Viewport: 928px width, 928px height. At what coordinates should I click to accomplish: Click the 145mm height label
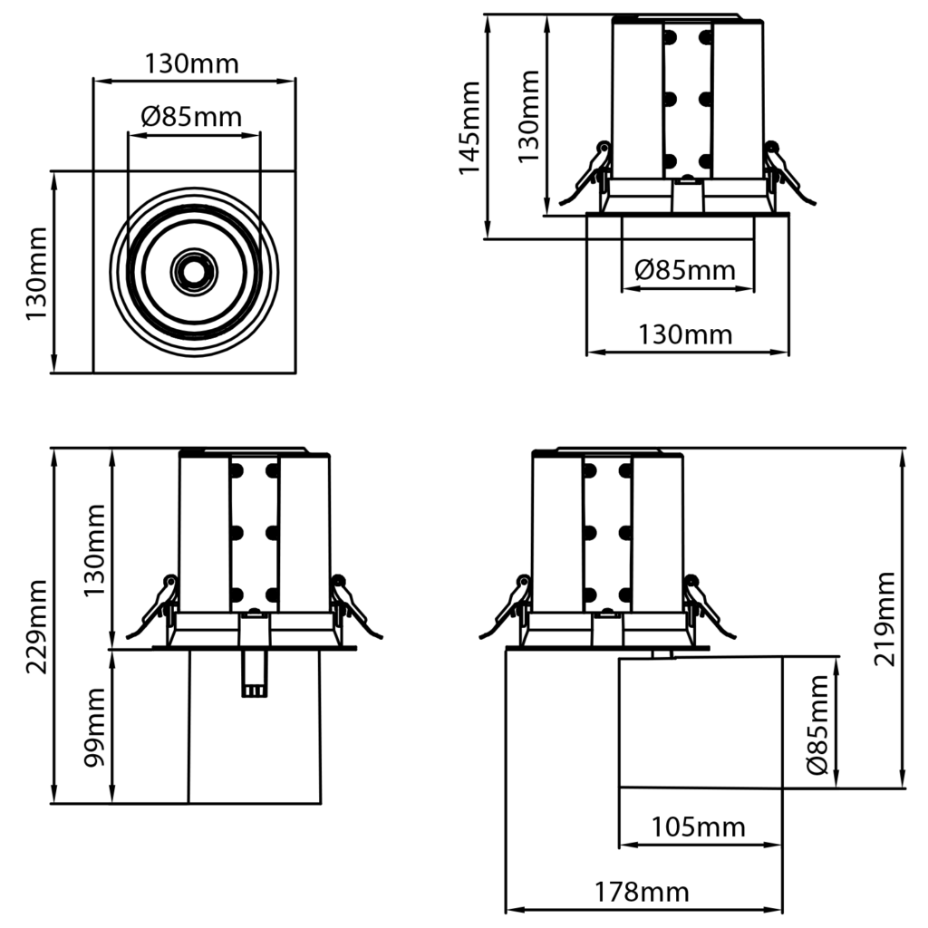(469, 128)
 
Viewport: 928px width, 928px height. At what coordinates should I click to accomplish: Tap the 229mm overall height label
(36, 626)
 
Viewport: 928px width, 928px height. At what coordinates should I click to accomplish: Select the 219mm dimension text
(884, 619)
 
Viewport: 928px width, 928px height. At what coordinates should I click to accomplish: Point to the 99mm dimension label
(95, 727)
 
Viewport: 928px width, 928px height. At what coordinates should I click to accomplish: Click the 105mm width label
(698, 826)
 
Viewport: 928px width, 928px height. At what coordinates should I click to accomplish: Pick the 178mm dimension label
(642, 892)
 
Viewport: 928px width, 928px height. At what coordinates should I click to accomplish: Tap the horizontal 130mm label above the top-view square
(192, 64)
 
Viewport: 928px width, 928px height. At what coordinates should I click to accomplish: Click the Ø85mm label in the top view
(192, 117)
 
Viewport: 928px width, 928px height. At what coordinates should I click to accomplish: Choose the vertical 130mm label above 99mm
(95, 549)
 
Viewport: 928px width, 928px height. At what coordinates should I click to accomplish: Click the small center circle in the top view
(193, 270)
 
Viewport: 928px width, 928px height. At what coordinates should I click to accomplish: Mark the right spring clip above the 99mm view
(352, 606)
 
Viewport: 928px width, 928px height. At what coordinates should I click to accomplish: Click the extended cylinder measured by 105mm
(700, 721)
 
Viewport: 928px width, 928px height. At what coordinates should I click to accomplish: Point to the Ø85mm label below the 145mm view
(685, 269)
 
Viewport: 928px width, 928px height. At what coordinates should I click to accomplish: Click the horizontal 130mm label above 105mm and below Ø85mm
(685, 334)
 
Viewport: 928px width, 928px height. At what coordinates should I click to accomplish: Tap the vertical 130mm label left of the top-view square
(36, 271)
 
